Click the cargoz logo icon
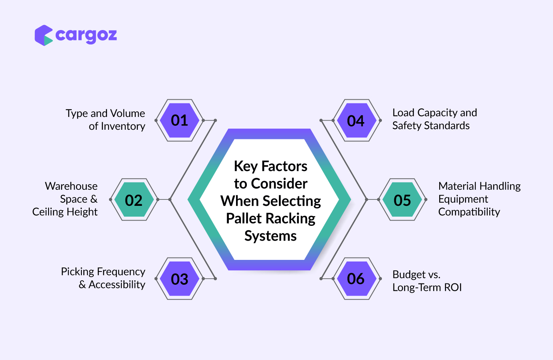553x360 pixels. pyautogui.click(x=44, y=35)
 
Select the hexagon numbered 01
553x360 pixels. pyautogui.click(x=180, y=121)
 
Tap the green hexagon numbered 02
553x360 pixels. pyautogui.click(x=134, y=199)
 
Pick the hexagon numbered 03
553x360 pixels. pyautogui.click(x=180, y=279)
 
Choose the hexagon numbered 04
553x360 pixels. pyautogui.click(x=357, y=121)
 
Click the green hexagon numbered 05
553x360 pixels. pyautogui.click(x=402, y=199)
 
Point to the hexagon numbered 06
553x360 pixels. pyautogui.click(x=357, y=279)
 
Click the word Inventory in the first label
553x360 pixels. pyautogui.click(x=123, y=127)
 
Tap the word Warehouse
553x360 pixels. pyautogui.click(x=71, y=186)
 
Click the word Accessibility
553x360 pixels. pyautogui.click(x=117, y=285)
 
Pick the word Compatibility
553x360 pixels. pyautogui.click(x=469, y=212)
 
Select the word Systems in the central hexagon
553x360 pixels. pyautogui.click(x=270, y=236)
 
